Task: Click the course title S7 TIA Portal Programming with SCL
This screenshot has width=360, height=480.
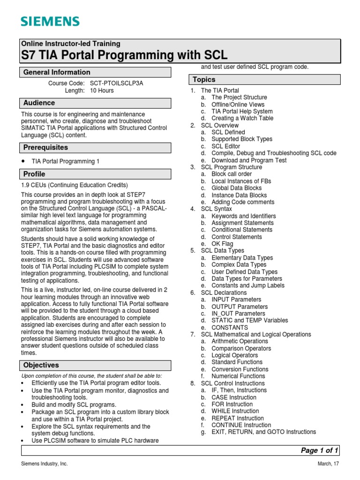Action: (125, 55)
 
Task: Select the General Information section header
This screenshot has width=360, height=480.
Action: (57, 72)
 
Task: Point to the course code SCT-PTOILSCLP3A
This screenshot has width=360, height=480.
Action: (116, 83)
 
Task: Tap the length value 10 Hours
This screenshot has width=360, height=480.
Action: (102, 90)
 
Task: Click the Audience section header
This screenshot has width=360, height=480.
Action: (39, 103)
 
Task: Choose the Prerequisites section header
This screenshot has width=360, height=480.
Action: (45, 148)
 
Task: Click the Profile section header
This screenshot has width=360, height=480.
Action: (34, 174)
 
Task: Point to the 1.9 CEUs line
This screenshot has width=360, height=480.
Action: (75, 185)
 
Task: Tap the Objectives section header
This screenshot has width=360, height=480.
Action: (41, 365)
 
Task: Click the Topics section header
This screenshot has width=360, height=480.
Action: (204, 80)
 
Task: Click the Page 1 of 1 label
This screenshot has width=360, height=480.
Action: (319, 450)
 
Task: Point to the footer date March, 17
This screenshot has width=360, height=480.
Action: (327, 464)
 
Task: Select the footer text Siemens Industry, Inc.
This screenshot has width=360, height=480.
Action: (45, 464)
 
